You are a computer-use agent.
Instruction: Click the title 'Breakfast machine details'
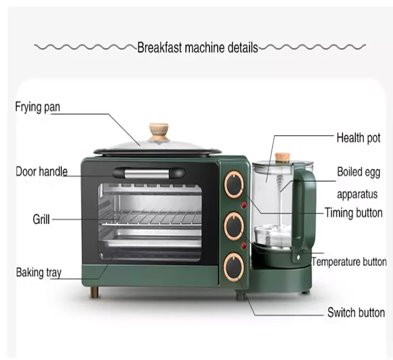pos(198,48)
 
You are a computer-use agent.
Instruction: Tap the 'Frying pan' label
pos(38,107)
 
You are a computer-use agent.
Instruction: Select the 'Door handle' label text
pos(42,171)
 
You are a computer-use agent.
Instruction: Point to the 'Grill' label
pos(41,219)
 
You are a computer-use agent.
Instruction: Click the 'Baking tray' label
pos(39,272)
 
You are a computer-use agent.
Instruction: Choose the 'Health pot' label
pos(359,138)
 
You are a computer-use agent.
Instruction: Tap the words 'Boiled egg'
pos(359,172)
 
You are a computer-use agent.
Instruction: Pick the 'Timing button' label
pos(353,212)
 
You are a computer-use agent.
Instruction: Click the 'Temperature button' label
pos(349,262)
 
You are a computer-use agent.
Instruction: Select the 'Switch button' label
pos(356,312)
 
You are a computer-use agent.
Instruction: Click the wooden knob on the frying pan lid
pos(159,131)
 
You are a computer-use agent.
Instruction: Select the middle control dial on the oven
pos(235,225)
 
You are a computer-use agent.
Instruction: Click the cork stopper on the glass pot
pos(281,156)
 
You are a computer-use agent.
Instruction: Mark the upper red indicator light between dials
pos(244,206)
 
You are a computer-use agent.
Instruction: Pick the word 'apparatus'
pos(358,195)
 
